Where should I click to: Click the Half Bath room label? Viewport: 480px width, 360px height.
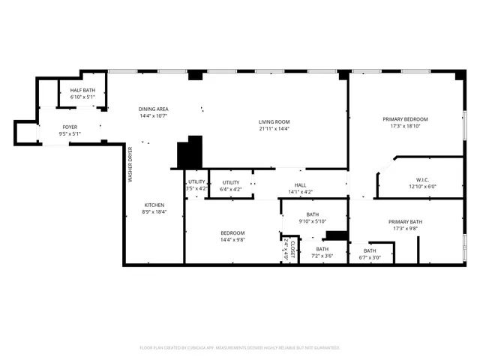click(x=82, y=90)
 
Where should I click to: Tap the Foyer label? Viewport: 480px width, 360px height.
click(x=70, y=127)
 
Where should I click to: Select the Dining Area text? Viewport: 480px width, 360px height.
click(x=153, y=109)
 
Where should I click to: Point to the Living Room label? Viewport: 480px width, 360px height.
click(x=274, y=121)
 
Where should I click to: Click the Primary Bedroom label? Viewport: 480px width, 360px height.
click(x=405, y=119)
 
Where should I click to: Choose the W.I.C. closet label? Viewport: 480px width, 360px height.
click(x=422, y=179)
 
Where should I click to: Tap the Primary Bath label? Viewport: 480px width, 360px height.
click(x=405, y=221)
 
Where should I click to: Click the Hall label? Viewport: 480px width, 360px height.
click(x=300, y=184)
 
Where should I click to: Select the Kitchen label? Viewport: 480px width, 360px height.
click(x=154, y=205)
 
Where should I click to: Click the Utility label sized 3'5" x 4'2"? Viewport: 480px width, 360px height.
click(x=196, y=181)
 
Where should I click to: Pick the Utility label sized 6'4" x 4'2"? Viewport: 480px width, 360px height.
click(x=231, y=181)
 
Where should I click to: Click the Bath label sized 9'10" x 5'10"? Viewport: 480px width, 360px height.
click(x=313, y=214)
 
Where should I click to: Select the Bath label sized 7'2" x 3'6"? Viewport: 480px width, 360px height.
click(x=322, y=249)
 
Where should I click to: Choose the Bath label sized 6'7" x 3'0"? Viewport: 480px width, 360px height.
click(x=370, y=250)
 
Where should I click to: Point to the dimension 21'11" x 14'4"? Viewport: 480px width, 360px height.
click(x=274, y=128)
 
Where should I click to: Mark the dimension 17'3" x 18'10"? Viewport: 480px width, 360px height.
click(x=405, y=126)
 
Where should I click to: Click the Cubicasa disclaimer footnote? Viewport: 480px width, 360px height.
click(x=240, y=347)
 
